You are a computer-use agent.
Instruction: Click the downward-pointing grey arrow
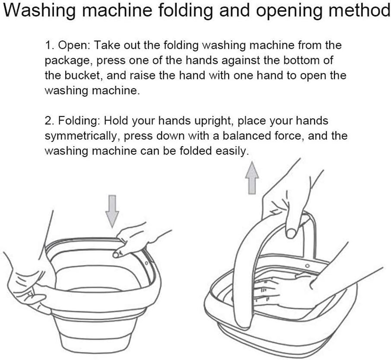point(112,211)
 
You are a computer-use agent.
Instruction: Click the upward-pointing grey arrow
point(252,178)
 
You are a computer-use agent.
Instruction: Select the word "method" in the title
point(358,10)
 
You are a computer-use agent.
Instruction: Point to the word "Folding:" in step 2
point(79,121)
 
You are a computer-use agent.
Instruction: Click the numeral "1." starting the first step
point(50,45)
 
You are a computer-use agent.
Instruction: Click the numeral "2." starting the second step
point(50,121)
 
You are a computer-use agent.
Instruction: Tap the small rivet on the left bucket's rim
point(146,262)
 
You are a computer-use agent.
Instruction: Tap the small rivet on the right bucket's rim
point(308,266)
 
